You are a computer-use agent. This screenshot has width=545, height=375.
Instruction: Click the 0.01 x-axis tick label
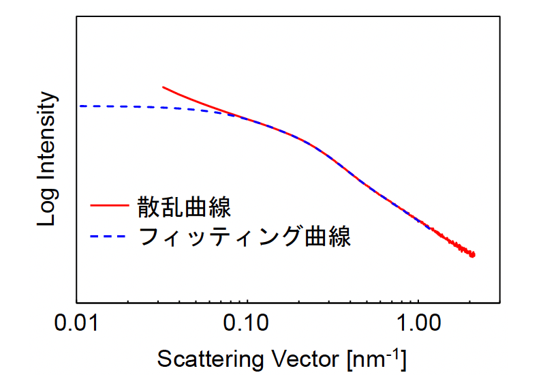pyautogui.click(x=76, y=323)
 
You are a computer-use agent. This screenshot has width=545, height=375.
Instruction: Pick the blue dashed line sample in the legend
pyautogui.click(x=108, y=237)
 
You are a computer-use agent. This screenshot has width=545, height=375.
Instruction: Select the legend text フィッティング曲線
pyautogui.click(x=244, y=237)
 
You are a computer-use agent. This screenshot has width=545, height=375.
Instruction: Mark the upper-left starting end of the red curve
pyautogui.click(x=163, y=87)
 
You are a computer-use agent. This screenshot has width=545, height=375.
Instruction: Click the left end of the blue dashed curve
pyautogui.click(x=79, y=106)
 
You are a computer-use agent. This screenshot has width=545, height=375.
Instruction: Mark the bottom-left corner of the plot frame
pyautogui.click(x=76, y=303)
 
